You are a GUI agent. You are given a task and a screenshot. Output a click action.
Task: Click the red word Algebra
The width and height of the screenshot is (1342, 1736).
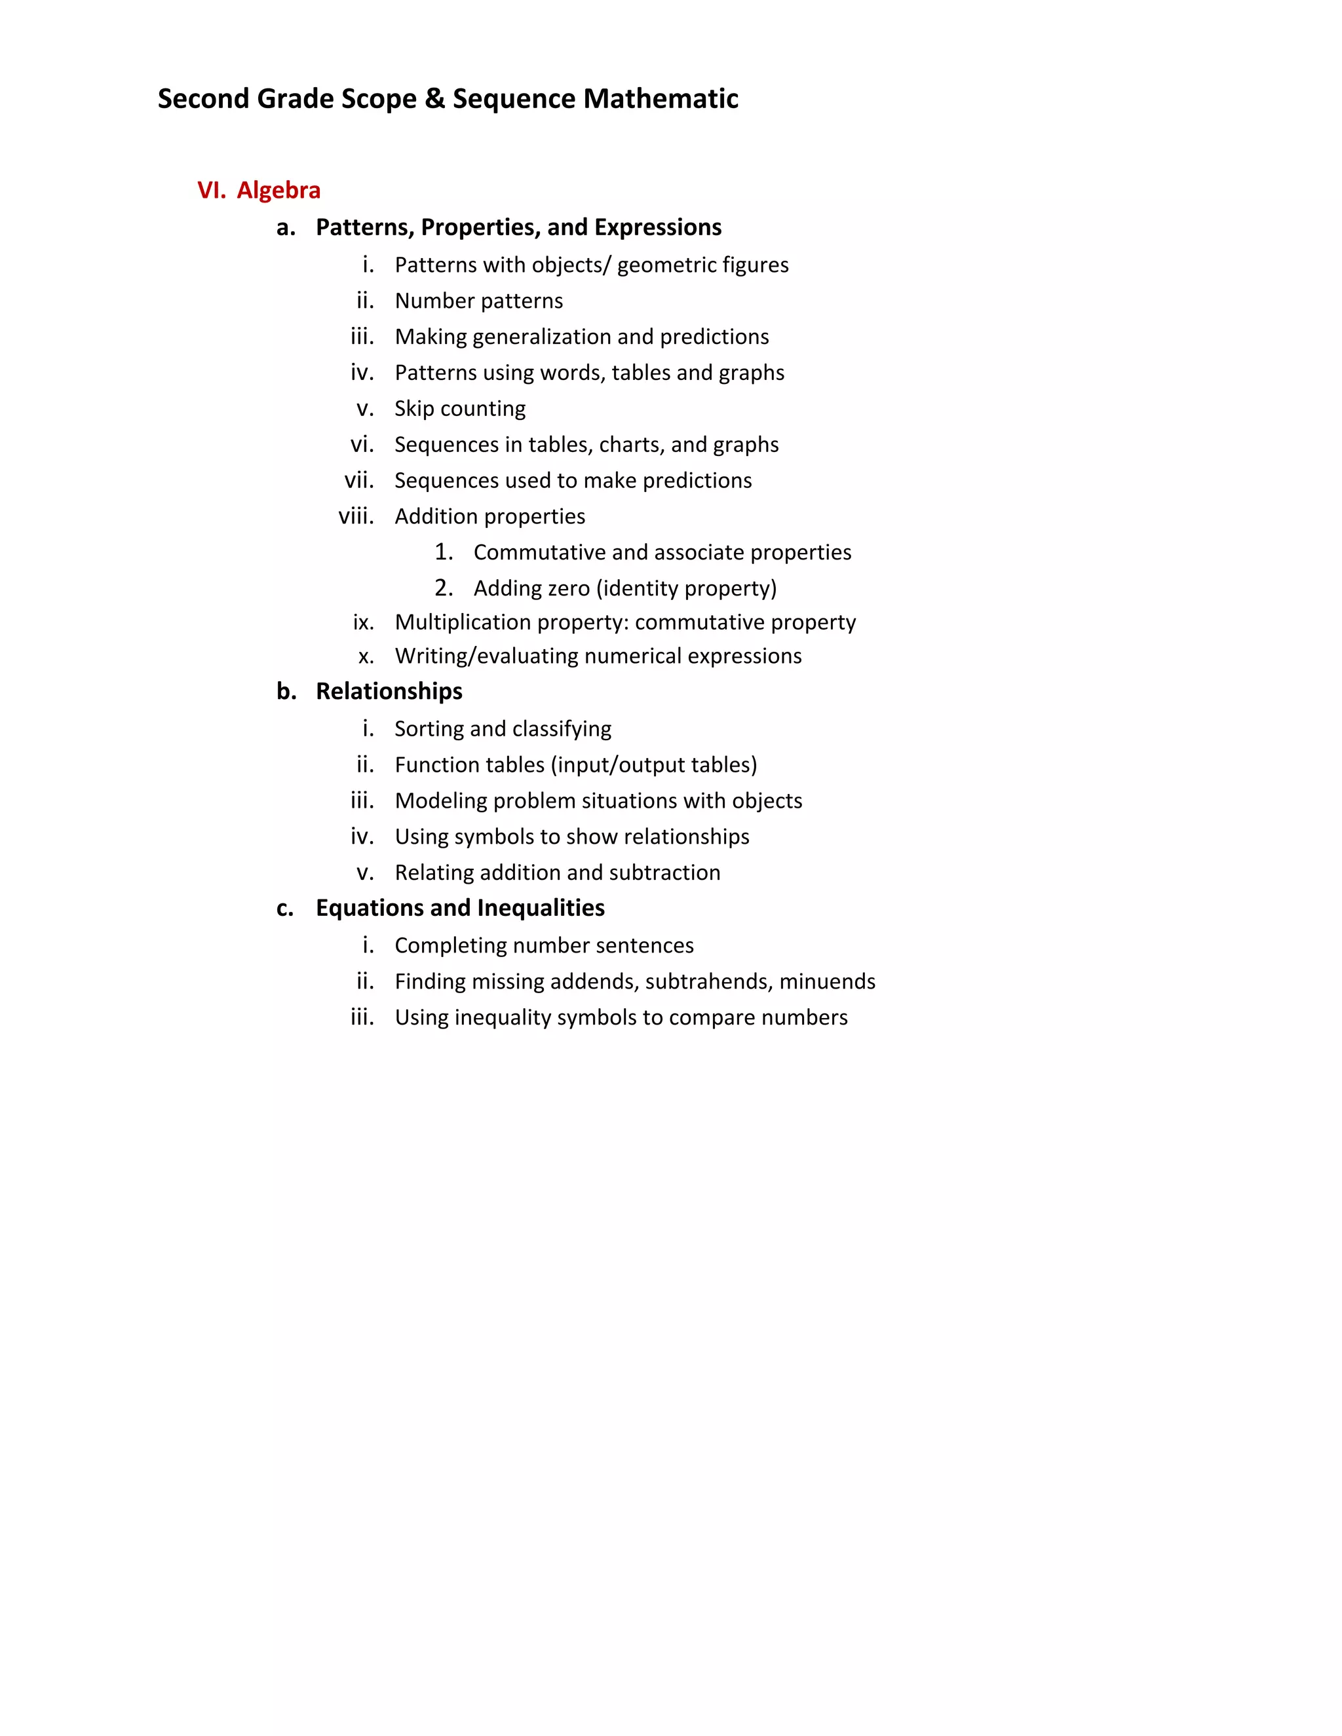278,191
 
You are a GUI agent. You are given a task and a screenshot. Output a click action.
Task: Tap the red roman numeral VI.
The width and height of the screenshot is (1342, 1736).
212,191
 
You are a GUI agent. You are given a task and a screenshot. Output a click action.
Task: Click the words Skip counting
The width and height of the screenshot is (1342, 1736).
459,409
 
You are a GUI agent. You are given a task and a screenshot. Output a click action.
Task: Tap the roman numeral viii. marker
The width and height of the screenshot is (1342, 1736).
356,517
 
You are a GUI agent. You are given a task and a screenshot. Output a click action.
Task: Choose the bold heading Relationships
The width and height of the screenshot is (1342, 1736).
389,692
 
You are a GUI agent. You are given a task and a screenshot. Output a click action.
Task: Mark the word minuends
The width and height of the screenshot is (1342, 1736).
827,982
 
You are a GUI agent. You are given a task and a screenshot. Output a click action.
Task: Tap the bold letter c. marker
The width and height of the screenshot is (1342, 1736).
284,908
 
